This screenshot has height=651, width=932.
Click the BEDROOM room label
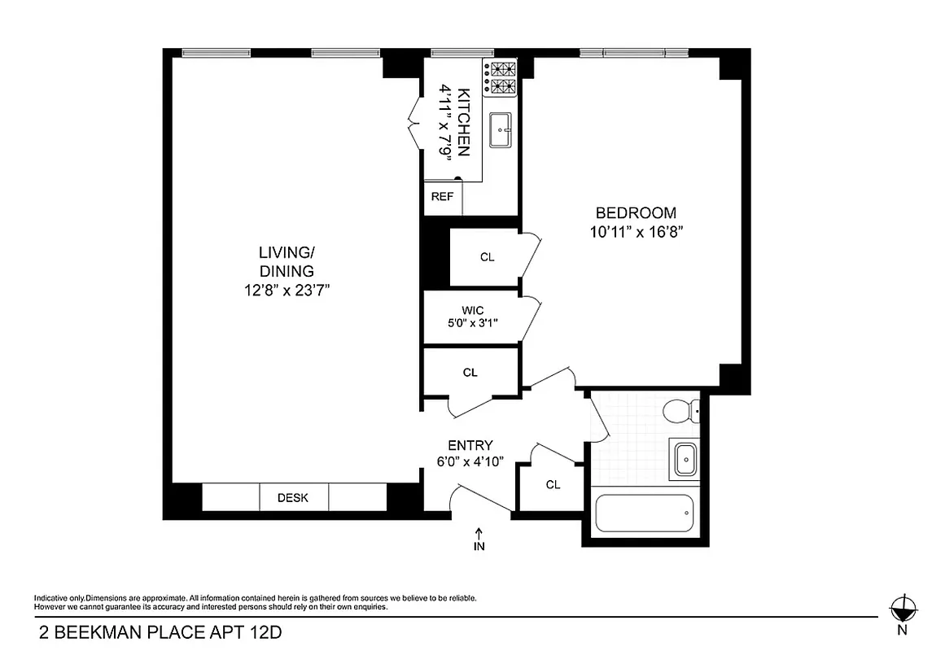(x=635, y=213)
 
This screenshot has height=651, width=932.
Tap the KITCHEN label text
(x=463, y=121)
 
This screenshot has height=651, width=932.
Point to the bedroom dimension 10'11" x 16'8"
(x=635, y=232)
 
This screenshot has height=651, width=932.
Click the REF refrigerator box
(x=442, y=197)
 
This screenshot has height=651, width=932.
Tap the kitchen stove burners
(x=501, y=76)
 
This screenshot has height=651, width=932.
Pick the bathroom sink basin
(x=686, y=460)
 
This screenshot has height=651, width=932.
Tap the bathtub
(x=643, y=513)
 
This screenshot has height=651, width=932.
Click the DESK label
(x=293, y=498)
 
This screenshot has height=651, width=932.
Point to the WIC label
(x=473, y=310)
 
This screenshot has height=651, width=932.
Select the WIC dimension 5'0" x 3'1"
(x=473, y=323)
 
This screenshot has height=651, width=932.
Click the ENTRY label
(x=470, y=445)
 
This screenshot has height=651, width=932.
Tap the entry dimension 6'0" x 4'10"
(x=470, y=461)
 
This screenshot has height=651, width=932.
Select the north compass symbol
(x=901, y=606)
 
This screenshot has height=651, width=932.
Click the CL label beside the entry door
(x=554, y=485)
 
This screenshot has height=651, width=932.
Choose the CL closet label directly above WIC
(x=487, y=257)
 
